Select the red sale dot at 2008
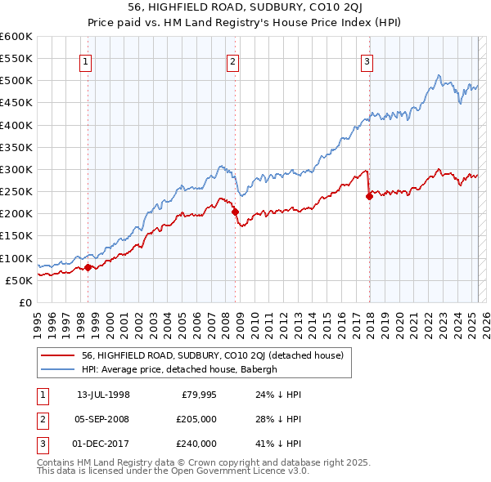235,212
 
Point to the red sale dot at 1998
88,267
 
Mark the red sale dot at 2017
369,196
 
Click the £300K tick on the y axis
16,169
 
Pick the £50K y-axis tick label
19,280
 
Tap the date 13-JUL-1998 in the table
103,395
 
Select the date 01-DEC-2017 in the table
103,444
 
